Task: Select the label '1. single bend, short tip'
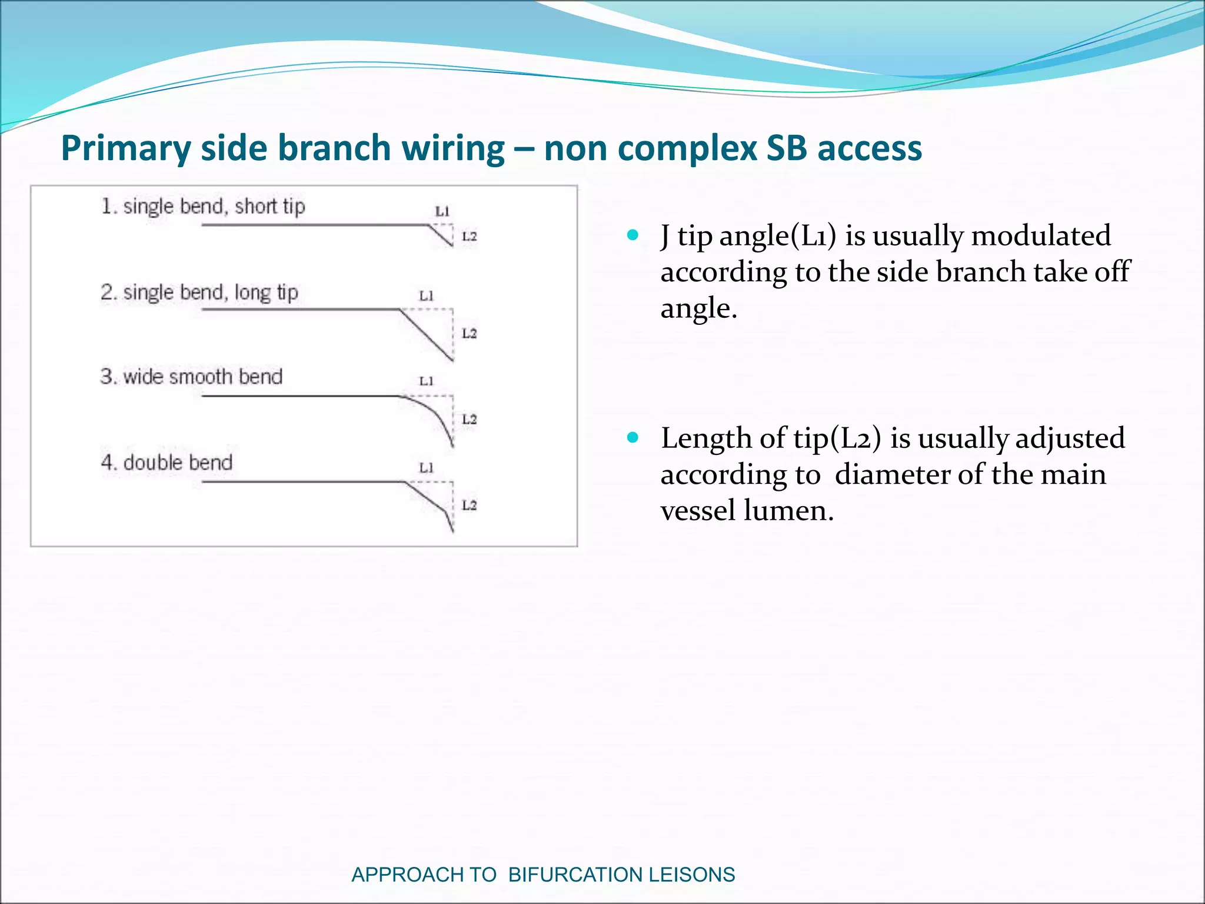203,207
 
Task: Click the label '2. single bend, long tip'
199,293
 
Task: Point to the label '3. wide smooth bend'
191,377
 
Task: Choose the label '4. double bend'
167,463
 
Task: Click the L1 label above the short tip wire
442,211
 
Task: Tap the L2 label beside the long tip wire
469,334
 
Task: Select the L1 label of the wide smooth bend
426,381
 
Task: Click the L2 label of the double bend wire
469,506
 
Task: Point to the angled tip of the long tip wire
427,335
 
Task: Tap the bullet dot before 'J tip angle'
633,235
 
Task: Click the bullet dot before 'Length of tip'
633,437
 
